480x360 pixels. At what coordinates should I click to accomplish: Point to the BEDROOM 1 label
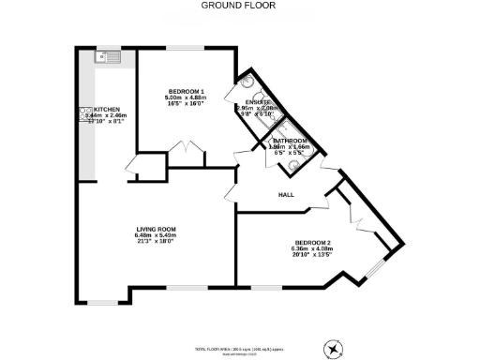(x=187, y=91)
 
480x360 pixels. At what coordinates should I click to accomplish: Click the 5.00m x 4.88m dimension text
(x=187, y=97)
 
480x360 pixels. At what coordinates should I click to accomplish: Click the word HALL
(x=286, y=195)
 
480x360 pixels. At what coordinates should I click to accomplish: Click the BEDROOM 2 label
(x=312, y=241)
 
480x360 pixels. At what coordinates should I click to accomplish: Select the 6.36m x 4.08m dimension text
(x=312, y=247)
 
